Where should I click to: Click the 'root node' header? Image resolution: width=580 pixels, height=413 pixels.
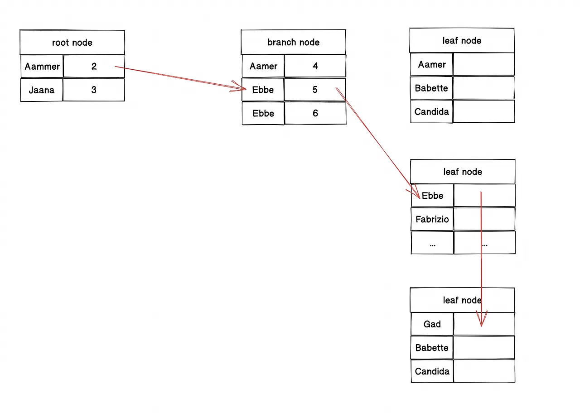pos(72,43)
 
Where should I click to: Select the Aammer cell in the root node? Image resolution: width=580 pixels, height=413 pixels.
pos(42,66)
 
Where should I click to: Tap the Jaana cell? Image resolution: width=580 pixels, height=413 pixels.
pos(42,90)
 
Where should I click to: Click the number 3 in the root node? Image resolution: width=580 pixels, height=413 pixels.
pos(94,90)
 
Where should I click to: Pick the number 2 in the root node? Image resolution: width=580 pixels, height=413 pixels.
pos(94,66)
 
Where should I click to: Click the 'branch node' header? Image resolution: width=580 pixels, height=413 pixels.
pos(293,42)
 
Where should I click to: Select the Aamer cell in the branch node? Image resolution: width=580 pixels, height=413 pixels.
pos(263,66)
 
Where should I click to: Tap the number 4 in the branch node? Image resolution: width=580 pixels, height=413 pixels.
pos(315,66)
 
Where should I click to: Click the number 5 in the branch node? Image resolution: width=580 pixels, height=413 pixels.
pos(315,90)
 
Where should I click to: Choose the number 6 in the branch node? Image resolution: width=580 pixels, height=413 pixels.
pos(315,113)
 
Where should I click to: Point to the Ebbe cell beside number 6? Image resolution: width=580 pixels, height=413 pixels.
pos(263,113)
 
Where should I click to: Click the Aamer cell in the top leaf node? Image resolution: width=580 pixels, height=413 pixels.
pos(432,64)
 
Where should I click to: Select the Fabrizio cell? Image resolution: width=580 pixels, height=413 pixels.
pos(432,219)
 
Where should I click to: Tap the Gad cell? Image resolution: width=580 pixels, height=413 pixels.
pos(432,324)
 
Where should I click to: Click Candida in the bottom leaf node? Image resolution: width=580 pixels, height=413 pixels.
pos(432,371)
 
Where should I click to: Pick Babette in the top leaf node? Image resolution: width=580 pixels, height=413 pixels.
pos(431,88)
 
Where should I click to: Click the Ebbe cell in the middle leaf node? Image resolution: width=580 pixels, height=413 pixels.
pos(432,195)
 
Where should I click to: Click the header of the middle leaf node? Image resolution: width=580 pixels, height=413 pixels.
pos(463,172)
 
